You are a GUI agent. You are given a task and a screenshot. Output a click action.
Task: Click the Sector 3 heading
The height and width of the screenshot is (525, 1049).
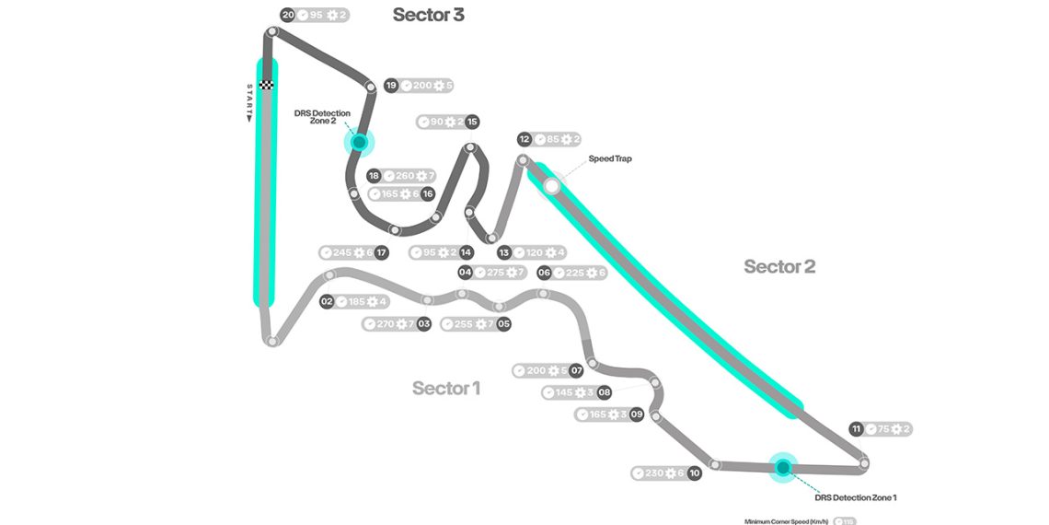pos(428,15)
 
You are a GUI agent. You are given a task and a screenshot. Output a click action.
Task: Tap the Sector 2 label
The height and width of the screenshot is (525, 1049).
pos(779,267)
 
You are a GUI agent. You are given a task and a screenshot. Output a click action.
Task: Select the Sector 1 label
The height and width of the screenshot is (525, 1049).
pos(446,388)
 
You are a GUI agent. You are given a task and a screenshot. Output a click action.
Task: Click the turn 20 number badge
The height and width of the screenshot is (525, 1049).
pos(288,15)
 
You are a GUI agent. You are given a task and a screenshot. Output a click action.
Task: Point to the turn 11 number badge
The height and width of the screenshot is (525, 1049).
pos(857,429)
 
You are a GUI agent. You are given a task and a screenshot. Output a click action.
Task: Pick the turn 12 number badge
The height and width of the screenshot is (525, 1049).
pos(524,140)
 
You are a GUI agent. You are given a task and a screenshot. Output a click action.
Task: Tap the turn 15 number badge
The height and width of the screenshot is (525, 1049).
pos(472,122)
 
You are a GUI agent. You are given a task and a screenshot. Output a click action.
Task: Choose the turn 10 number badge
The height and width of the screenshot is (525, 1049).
pos(694,473)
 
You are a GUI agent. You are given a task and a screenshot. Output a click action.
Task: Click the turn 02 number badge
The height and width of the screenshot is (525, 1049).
pos(327,301)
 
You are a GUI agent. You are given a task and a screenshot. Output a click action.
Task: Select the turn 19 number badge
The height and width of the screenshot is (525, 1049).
pos(391,86)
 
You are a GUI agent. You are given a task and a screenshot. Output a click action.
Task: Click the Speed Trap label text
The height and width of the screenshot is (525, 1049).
pos(611,159)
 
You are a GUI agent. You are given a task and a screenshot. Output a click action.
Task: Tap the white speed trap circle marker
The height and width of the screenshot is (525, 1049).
pos(552,186)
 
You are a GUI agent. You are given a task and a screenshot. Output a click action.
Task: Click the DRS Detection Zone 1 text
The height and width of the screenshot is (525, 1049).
pos(856,497)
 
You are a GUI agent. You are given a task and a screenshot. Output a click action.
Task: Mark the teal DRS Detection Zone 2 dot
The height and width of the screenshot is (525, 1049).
pos(359,143)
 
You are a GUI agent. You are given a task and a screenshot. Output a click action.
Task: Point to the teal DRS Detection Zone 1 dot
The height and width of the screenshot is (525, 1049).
pos(783,468)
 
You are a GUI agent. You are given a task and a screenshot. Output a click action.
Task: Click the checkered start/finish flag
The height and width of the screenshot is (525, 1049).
pos(267,85)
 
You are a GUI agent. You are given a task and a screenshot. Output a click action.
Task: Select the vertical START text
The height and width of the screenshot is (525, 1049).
pos(249,102)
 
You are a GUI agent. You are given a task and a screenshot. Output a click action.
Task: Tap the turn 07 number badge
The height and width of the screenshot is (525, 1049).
pos(577,370)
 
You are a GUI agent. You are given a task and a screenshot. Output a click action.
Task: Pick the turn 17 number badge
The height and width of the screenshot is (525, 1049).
pos(381,252)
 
